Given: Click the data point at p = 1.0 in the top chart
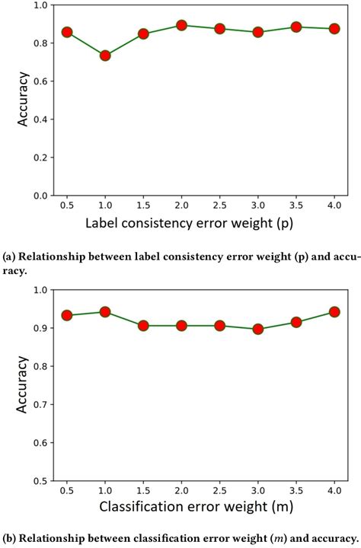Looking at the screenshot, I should pyautogui.click(x=105, y=56).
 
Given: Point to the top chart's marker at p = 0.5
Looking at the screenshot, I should pyautogui.click(x=67, y=33).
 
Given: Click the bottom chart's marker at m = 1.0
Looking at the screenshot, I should pyautogui.click(x=105, y=312).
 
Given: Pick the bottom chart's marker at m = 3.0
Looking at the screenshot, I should pyautogui.click(x=258, y=330).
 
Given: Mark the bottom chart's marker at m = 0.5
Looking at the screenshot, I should pyautogui.click(x=67, y=315).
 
